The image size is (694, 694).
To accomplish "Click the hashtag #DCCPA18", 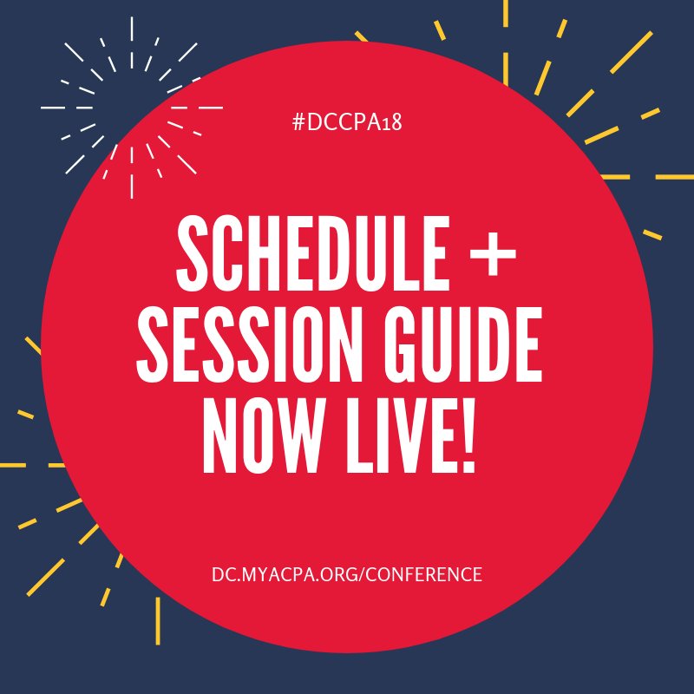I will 347,121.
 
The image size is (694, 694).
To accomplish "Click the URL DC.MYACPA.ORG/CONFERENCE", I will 347,574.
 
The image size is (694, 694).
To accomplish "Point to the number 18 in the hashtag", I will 392,121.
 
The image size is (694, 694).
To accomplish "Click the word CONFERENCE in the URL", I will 429,574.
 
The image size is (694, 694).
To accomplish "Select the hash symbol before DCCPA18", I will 298,121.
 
